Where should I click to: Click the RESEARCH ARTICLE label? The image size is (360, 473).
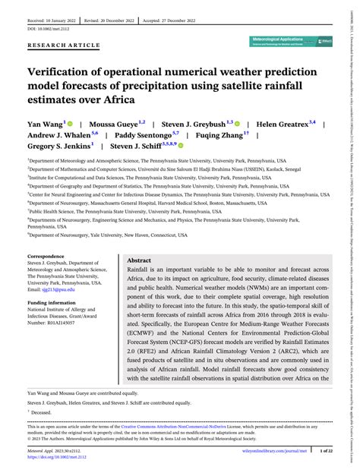[x=64, y=45]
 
